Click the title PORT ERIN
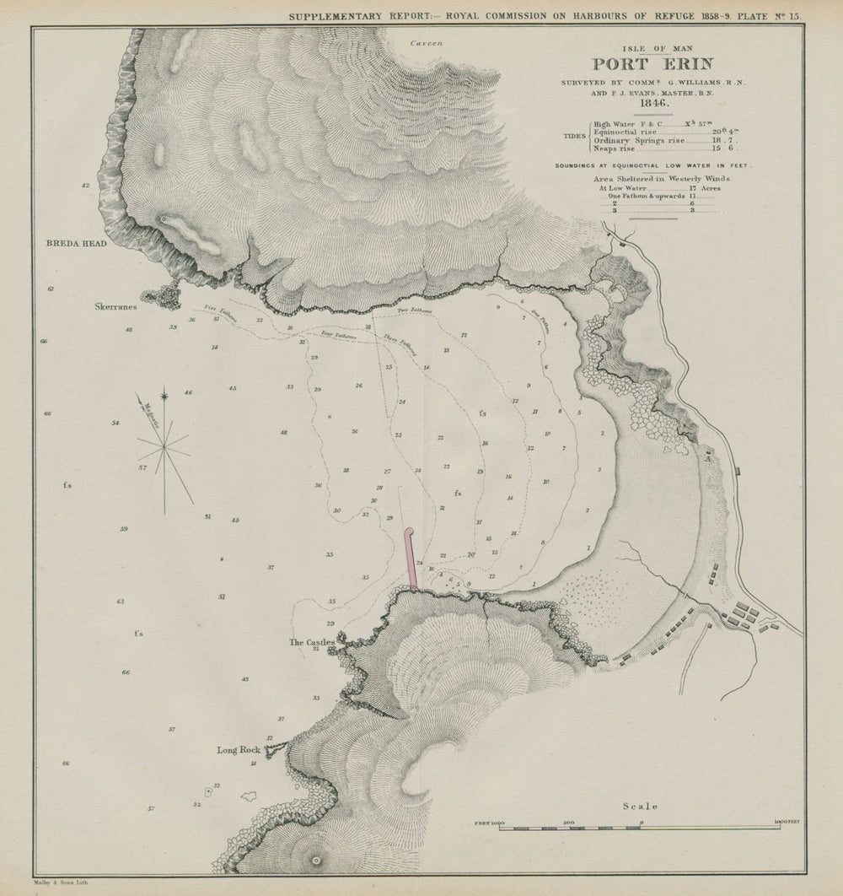tap(652, 64)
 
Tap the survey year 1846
tap(652, 104)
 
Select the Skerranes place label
tap(116, 308)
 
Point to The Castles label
tap(311, 642)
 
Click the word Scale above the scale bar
tap(640, 806)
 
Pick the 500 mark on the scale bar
tap(569, 821)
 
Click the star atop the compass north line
tap(164, 394)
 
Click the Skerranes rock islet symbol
tap(162, 295)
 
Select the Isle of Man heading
tap(652, 47)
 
